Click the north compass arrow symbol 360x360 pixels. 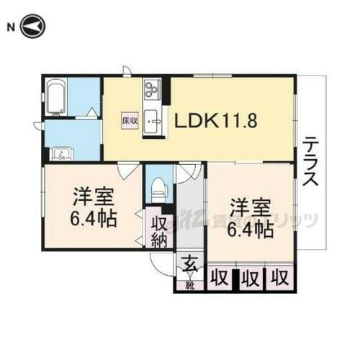click(35, 27)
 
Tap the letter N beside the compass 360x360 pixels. click(10, 27)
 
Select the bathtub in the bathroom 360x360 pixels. click(57, 97)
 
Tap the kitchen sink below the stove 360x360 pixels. click(152, 120)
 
